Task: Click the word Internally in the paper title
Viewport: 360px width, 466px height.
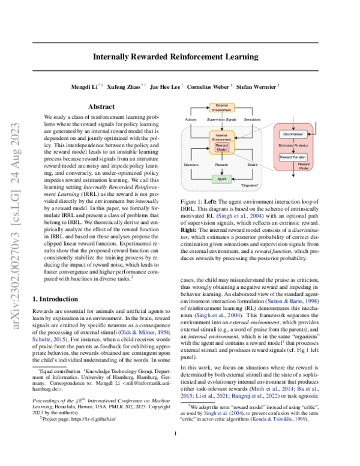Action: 122,57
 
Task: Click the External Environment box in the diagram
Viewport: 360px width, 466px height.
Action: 221,107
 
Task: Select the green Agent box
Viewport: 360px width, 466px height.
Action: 221,179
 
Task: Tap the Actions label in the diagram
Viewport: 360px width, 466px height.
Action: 191,120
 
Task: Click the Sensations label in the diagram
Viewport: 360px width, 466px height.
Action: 253,120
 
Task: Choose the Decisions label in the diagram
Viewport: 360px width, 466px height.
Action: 192,163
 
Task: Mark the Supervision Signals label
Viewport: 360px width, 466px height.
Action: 221,120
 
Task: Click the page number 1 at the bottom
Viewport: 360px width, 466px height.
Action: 175,450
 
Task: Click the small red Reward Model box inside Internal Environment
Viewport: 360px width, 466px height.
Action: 221,147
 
